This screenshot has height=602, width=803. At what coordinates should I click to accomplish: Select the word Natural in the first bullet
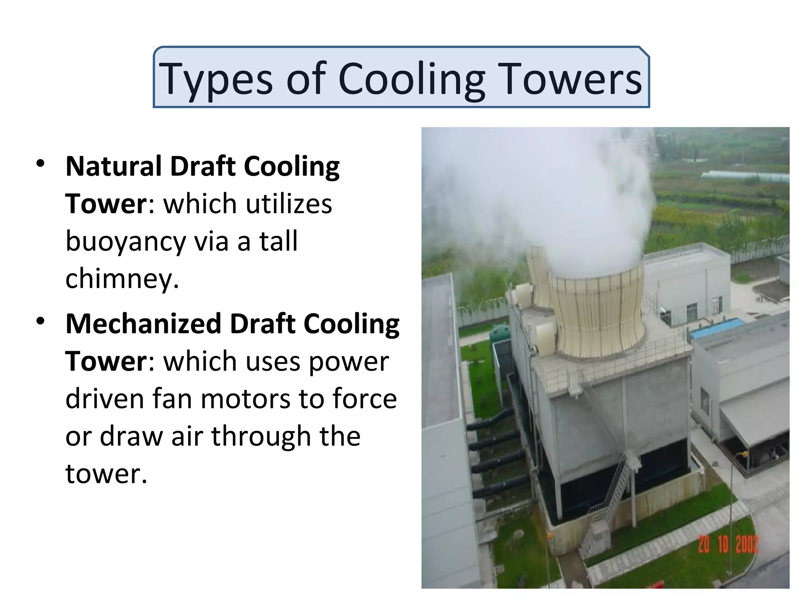click(x=113, y=166)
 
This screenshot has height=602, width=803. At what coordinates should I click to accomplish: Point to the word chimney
click(x=122, y=279)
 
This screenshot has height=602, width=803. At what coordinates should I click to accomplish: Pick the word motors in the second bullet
click(x=246, y=399)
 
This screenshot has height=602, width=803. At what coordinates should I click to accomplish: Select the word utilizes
click(x=288, y=204)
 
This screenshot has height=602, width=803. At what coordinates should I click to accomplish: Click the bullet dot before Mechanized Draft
click(x=40, y=321)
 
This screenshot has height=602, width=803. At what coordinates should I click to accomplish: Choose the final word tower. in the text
click(x=106, y=473)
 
